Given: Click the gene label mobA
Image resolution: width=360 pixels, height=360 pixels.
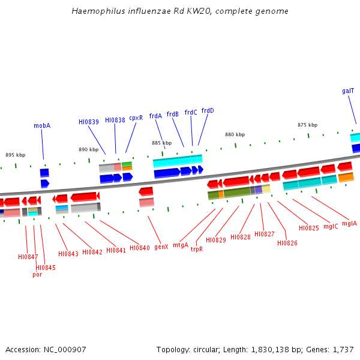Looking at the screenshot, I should (x=42, y=126).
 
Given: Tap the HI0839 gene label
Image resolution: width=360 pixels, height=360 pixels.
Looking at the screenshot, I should (x=89, y=122).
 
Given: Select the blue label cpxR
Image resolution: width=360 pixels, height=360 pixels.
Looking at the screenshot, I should (x=136, y=118).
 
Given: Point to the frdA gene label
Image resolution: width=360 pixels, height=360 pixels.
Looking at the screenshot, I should (x=155, y=116).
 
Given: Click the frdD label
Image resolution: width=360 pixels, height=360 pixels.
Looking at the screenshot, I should (x=208, y=110).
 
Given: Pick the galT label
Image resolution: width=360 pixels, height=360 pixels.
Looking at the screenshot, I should (x=348, y=91).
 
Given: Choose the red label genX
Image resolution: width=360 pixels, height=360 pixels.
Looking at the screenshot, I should (x=161, y=247).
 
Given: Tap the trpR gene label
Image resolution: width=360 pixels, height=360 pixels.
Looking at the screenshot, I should (x=197, y=249).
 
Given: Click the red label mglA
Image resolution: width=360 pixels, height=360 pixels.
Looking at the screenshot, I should (x=349, y=224).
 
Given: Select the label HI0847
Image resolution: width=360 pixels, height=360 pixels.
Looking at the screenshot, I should (x=28, y=257).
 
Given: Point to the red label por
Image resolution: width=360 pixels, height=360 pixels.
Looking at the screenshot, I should (x=37, y=275).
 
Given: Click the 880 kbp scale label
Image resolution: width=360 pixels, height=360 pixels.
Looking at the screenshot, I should (x=235, y=134).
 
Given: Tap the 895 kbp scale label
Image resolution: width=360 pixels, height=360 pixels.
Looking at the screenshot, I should (x=15, y=155).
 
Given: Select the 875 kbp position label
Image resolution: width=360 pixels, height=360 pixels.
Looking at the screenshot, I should (x=307, y=125).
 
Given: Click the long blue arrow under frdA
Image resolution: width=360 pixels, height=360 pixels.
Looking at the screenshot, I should (x=167, y=173).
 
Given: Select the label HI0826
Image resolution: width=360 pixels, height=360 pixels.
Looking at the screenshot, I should (x=287, y=243).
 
